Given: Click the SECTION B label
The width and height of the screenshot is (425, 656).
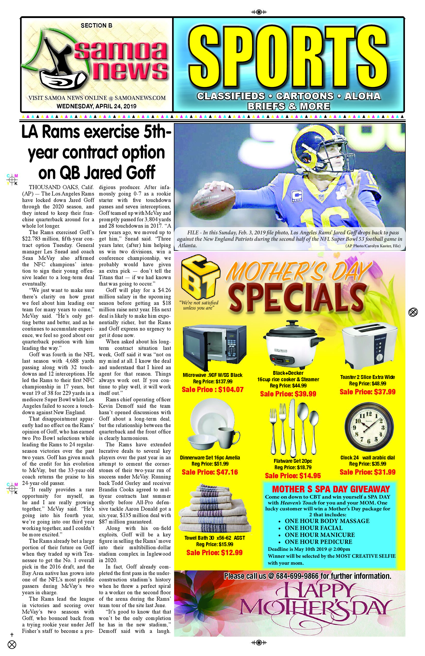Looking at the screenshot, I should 96,26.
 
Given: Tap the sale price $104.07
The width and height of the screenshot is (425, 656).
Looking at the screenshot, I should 213,389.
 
